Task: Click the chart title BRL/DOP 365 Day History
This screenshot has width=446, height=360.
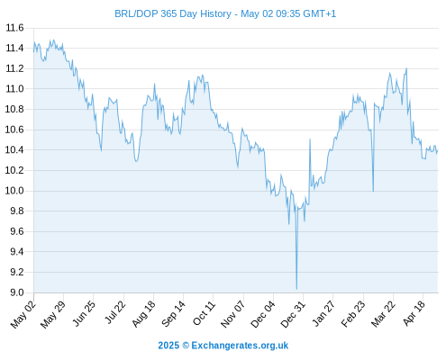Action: pyautogui.click(x=173, y=13)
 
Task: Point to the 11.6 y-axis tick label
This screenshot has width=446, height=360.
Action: pyautogui.click(x=14, y=28)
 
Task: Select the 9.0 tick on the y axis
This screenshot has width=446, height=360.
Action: pyautogui.click(x=17, y=292)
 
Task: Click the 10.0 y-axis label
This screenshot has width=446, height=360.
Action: pyautogui.click(x=14, y=191)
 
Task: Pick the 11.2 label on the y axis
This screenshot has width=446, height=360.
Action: pyautogui.click(x=14, y=68)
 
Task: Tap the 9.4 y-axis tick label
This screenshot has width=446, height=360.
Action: pyautogui.click(x=17, y=252)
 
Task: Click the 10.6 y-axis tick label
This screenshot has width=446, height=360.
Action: pyautogui.click(x=14, y=130)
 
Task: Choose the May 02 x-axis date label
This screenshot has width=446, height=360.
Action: pyautogui.click(x=23, y=314)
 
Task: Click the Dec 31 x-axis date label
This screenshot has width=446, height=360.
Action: pyautogui.click(x=293, y=314)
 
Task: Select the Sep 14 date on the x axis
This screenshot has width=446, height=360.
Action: pyautogui.click(x=173, y=314)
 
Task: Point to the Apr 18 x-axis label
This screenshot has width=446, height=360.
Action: pyautogui.click(x=414, y=312)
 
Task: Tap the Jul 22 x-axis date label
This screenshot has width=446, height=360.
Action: pyautogui.click(x=114, y=312)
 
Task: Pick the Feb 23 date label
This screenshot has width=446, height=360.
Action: pyautogui.click(x=353, y=314)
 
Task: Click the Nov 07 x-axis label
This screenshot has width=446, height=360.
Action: pyautogui.click(x=232, y=314)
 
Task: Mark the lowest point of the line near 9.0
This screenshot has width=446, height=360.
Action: pyautogui.click(x=296, y=289)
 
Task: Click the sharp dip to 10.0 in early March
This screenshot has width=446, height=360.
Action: pyautogui.click(x=373, y=191)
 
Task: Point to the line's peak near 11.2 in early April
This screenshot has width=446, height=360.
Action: pyautogui.click(x=406, y=68)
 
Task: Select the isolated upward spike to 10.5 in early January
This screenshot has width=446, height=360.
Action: pyautogui.click(x=310, y=139)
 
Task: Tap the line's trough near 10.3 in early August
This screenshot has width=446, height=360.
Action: pyautogui.click(x=136, y=161)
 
